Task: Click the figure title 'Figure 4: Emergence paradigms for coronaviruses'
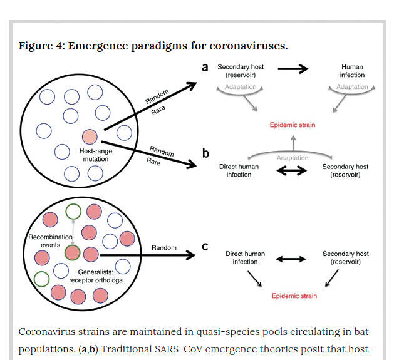click(153, 46)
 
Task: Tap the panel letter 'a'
click(205, 67)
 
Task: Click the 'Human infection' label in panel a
click(352, 71)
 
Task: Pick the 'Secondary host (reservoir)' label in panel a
click(238, 71)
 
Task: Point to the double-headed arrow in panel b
click(293, 170)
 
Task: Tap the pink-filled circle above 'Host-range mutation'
click(90, 136)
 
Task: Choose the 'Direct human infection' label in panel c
click(245, 258)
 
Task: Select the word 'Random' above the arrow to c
click(164, 248)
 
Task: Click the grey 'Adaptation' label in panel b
click(293, 158)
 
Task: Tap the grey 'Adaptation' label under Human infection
click(352, 87)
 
